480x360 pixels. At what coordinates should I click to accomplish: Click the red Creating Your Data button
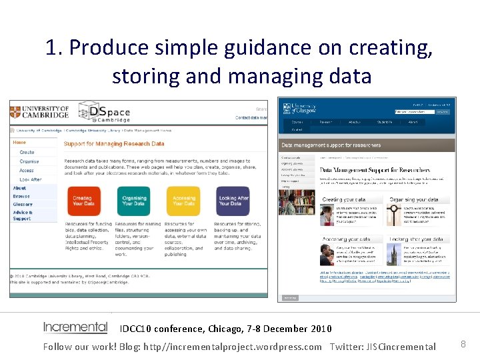click(x=83, y=201)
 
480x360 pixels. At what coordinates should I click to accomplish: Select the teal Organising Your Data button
click(x=133, y=201)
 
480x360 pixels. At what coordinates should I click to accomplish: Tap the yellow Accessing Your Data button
click(x=183, y=201)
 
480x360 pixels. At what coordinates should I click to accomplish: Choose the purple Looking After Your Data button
click(x=233, y=201)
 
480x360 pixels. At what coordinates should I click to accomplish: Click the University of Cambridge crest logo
click(x=15, y=111)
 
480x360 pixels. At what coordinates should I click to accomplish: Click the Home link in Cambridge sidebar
click(x=20, y=142)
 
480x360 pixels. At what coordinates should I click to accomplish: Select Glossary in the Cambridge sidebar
click(x=23, y=205)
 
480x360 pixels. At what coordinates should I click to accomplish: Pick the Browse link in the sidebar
click(x=21, y=197)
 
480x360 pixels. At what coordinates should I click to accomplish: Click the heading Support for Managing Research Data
click(x=113, y=143)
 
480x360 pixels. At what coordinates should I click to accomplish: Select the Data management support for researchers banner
click(x=331, y=145)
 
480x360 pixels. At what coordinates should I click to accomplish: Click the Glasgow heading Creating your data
click(x=343, y=200)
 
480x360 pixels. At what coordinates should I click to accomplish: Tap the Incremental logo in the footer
click(x=75, y=327)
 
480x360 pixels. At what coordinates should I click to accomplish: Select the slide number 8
click(x=463, y=344)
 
